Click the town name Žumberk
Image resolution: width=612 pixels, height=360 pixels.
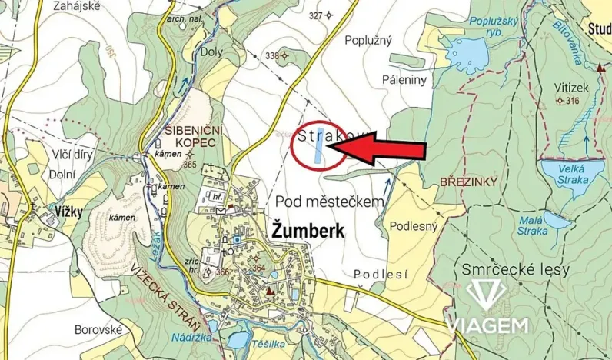[x=308, y=232]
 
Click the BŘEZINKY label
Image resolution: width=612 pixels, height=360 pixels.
[x=469, y=182]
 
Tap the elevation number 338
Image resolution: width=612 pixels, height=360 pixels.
[x=271, y=55]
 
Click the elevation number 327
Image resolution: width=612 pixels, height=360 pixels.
[x=316, y=15]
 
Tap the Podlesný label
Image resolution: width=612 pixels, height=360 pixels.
[x=414, y=226]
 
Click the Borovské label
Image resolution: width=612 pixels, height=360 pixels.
[x=98, y=329]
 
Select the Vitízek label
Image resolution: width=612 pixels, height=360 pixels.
[x=571, y=88]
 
